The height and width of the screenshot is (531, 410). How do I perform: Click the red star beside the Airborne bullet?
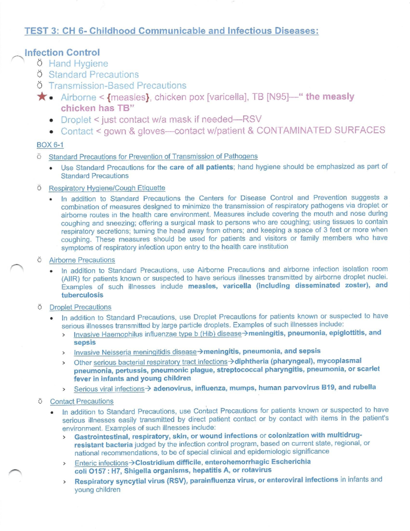(x=42, y=97)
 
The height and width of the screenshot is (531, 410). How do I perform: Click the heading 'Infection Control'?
(x=62, y=53)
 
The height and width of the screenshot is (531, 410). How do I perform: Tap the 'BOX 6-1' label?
(x=50, y=145)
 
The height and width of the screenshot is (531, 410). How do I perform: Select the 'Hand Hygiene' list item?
(x=78, y=64)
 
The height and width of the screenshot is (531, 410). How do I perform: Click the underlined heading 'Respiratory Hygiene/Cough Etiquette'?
(x=107, y=188)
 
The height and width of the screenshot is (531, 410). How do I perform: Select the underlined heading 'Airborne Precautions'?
(x=82, y=260)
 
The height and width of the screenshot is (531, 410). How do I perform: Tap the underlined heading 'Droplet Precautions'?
(x=80, y=307)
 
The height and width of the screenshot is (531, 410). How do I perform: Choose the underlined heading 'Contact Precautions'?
(x=82, y=401)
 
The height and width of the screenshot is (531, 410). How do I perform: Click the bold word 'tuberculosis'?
(x=82, y=295)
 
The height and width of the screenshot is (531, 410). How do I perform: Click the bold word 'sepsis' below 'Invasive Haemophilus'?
(x=85, y=343)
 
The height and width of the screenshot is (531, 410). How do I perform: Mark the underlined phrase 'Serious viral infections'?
(x=109, y=389)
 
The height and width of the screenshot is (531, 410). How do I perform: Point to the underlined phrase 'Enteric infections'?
(x=101, y=463)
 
